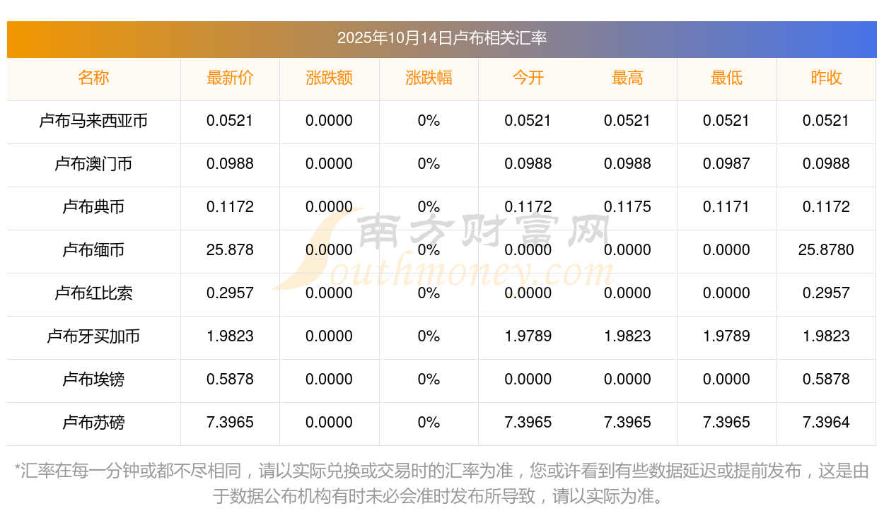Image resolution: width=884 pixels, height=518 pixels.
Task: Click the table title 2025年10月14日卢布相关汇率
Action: (441, 38)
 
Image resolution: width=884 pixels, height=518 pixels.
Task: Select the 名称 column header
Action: (93, 78)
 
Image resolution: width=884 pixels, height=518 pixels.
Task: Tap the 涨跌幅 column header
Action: (429, 78)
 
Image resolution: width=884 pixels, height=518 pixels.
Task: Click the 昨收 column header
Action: (826, 78)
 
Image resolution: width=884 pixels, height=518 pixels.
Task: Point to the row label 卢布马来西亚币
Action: (93, 121)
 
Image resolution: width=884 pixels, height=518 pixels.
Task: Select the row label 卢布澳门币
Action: (93, 164)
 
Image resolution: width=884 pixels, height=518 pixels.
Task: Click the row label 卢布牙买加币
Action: (93, 336)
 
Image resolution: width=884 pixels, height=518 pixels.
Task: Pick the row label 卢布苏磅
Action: (93, 423)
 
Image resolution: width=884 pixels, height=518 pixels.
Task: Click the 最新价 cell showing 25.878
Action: (230, 250)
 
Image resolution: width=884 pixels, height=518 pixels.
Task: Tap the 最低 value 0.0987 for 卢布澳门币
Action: (726, 164)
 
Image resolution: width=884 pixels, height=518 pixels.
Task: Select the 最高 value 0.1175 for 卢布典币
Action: (627, 207)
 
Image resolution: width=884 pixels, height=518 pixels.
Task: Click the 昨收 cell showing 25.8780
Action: (826, 250)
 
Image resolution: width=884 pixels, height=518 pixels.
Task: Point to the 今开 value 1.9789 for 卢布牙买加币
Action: (528, 336)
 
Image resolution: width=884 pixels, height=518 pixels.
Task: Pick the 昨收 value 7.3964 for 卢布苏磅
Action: (826, 423)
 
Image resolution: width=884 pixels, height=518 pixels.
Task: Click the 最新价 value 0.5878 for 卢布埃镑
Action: (230, 379)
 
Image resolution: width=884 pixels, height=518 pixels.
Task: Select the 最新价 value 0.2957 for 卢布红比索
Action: (230, 293)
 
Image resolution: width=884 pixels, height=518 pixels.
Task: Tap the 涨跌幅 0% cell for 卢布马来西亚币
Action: (429, 121)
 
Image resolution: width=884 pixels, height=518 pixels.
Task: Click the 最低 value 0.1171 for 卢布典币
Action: (726, 207)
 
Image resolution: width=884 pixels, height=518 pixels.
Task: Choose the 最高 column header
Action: (627, 78)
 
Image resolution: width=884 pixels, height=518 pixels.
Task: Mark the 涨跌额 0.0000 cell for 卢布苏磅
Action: (329, 423)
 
